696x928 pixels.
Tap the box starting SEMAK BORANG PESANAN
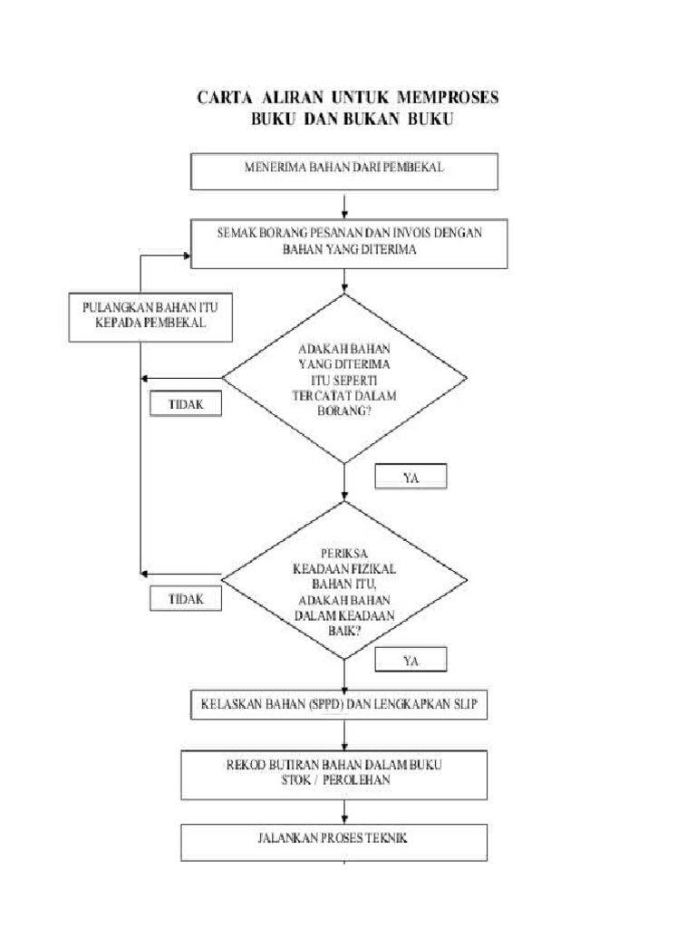[349, 242]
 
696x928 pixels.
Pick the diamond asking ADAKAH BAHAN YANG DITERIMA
[344, 378]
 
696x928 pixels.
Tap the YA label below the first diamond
[411, 475]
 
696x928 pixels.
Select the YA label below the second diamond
[411, 661]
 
